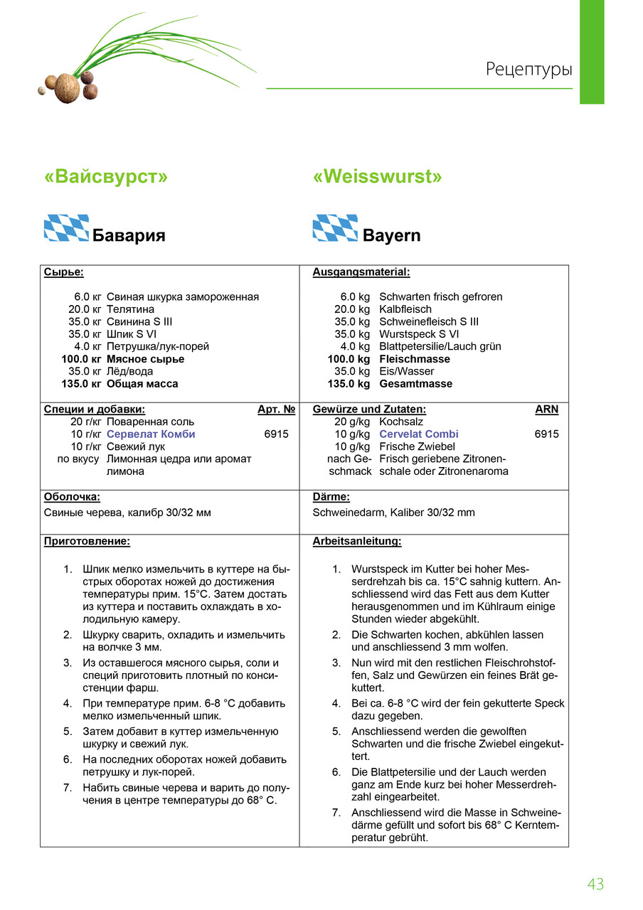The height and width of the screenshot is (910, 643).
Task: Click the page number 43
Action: pyautogui.click(x=595, y=884)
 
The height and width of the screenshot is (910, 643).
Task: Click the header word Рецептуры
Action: pyautogui.click(x=529, y=70)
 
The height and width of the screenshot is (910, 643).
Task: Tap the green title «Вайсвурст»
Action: pyautogui.click(x=106, y=176)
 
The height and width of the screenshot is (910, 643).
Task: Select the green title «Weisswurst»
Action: pyautogui.click(x=377, y=176)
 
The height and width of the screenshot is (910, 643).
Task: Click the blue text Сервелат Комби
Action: pyautogui.click(x=151, y=434)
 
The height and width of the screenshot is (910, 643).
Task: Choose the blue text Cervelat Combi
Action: pyautogui.click(x=419, y=434)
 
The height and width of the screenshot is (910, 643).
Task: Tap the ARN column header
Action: pyautogui.click(x=546, y=409)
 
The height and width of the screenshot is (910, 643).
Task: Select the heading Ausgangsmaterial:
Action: pyautogui.click(x=361, y=272)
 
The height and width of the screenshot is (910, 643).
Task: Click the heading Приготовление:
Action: pyautogui.click(x=87, y=542)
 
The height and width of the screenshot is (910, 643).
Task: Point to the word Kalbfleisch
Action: pyautogui.click(x=405, y=309)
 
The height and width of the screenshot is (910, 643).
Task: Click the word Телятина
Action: pyautogui.click(x=130, y=309)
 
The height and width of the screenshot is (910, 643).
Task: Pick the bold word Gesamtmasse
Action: pyautogui.click(x=415, y=384)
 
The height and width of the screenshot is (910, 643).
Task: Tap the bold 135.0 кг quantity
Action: pyautogui.click(x=81, y=384)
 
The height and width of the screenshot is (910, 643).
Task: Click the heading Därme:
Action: pyautogui.click(x=331, y=498)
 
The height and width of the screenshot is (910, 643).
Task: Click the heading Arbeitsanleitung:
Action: pyautogui.click(x=357, y=542)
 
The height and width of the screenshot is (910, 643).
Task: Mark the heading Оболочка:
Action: pyautogui.click(x=72, y=498)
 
